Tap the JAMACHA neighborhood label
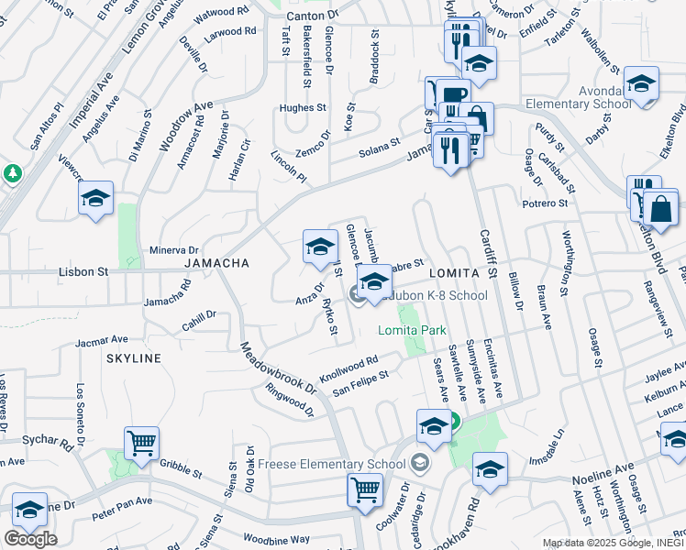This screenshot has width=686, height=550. click(x=217, y=263)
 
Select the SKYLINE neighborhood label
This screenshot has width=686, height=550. click(x=133, y=357)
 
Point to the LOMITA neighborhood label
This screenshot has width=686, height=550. click(x=453, y=274)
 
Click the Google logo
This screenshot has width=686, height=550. click(x=30, y=539)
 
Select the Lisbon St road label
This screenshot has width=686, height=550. click(x=83, y=272)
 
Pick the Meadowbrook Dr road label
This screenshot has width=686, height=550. click(x=277, y=368)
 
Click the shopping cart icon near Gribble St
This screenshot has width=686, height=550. click(x=142, y=444)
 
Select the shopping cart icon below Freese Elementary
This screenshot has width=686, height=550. click(x=365, y=489)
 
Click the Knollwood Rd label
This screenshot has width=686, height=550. click(x=349, y=370)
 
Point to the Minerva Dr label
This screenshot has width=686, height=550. click(x=173, y=250)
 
